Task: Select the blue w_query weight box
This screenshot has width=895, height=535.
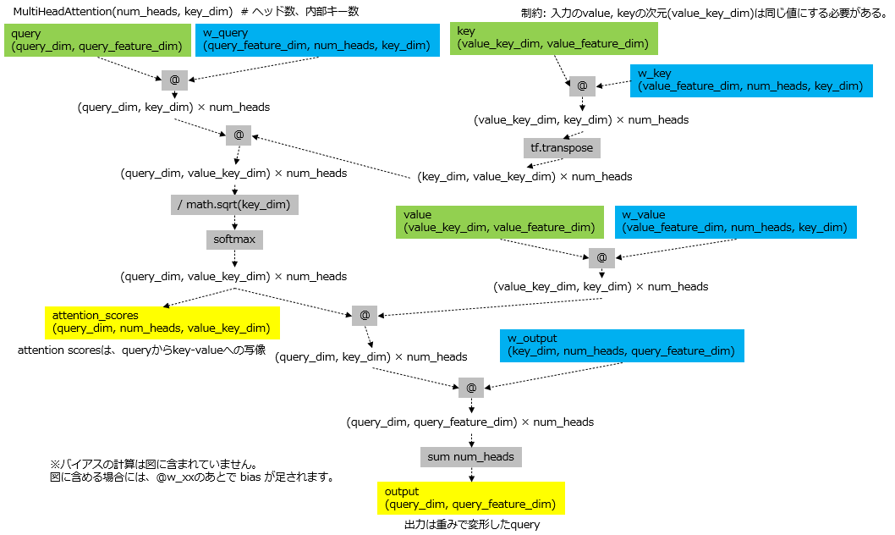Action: (x=317, y=40)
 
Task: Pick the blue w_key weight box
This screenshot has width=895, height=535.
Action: (x=750, y=80)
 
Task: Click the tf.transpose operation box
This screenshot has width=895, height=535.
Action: (x=562, y=147)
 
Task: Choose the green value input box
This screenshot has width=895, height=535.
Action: (x=499, y=221)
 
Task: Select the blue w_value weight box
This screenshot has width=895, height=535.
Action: (x=735, y=221)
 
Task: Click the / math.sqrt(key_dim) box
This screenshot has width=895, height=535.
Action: (x=234, y=204)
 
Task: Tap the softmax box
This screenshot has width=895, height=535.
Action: (x=234, y=240)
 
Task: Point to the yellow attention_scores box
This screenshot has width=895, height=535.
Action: (x=162, y=323)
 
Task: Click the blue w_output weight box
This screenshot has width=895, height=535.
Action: (x=622, y=345)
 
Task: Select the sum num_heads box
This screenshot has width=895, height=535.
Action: (x=470, y=456)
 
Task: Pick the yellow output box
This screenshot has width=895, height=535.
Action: (x=470, y=498)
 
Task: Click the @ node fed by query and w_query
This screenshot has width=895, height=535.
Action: (x=174, y=80)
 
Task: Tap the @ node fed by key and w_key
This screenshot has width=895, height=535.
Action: (x=581, y=86)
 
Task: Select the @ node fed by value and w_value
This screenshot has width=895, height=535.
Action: (x=601, y=256)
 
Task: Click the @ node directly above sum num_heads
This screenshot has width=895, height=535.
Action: (x=471, y=388)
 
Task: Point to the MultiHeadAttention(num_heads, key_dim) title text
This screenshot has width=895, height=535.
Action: (x=123, y=10)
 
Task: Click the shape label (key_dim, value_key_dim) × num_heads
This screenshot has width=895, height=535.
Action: (x=524, y=177)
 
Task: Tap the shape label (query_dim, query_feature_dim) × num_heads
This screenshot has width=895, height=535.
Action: (x=469, y=422)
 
